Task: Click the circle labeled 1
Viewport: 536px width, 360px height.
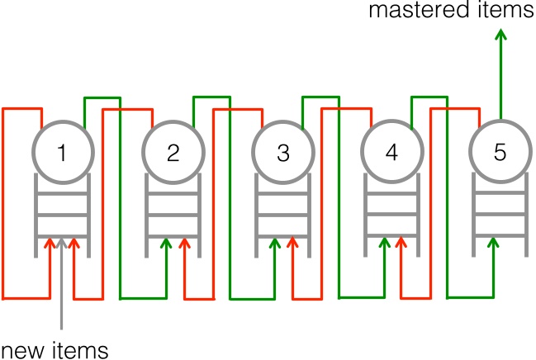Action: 63,152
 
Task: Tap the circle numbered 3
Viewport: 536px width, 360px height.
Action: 283,152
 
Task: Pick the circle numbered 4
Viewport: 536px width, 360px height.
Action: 391,152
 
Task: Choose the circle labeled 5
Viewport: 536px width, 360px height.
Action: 499,152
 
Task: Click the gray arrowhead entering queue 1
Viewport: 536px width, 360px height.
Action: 63,244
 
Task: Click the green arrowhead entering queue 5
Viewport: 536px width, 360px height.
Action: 495,243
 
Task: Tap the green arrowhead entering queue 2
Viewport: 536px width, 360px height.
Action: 166,243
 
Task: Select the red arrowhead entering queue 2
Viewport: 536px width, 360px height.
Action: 184,243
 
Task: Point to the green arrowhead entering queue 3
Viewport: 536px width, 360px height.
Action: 274,243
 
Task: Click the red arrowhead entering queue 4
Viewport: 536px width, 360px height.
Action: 401,243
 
